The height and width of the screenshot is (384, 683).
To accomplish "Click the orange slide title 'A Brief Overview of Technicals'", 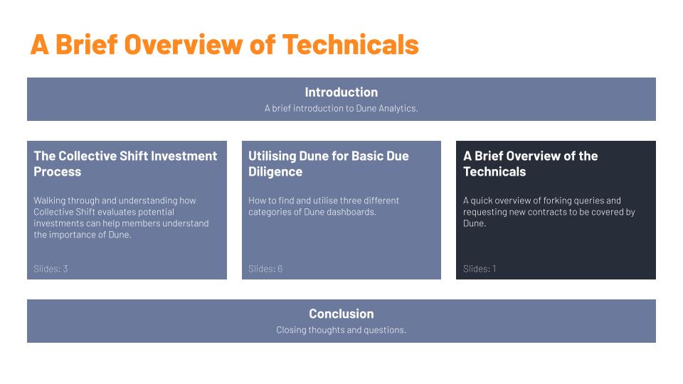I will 224,44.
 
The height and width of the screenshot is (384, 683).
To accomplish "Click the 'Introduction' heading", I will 341,92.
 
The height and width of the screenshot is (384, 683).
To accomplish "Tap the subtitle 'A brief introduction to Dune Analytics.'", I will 341,109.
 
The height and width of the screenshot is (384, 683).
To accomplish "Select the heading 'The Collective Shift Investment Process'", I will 125,164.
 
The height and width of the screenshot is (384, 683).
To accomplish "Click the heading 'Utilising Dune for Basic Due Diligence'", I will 328,164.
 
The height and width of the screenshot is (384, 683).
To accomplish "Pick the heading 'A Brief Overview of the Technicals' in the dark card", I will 530,164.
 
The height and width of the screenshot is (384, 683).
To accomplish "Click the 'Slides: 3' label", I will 51,269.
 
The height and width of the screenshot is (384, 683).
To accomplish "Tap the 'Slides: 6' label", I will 265,269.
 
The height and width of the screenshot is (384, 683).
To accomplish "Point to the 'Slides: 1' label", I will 480,269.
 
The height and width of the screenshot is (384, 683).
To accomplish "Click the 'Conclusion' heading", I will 341,314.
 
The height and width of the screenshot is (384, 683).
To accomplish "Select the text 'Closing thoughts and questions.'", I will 341,330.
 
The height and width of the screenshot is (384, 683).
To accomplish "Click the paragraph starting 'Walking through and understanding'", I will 121,218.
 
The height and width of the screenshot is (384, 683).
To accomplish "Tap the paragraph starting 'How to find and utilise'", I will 324,206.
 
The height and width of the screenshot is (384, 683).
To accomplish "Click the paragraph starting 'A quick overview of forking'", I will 549,212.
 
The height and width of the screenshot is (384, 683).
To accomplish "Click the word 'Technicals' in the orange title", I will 350,44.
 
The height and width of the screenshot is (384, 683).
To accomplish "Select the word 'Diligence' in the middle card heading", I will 275,172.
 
